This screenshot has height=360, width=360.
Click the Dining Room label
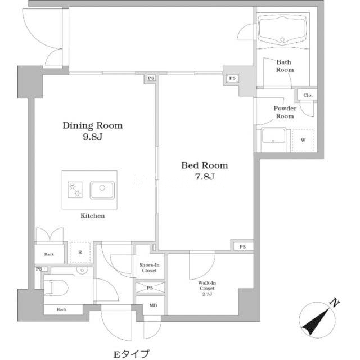(92, 125)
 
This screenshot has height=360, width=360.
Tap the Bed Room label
(205, 165)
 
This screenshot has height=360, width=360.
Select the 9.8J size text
(92, 137)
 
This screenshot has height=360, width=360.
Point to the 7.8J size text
(205, 176)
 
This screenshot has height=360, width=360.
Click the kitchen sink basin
(102, 190)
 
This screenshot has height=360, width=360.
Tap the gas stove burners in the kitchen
(75, 190)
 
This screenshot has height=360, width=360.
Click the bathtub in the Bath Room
(282, 30)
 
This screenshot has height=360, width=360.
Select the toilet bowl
(56, 288)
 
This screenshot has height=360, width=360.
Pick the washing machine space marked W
(303, 140)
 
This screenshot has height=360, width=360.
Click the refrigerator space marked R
(80, 253)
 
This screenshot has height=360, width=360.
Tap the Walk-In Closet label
(207, 289)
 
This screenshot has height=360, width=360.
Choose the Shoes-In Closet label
(149, 268)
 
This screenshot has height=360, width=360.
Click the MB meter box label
(153, 305)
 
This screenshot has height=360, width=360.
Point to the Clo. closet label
(308, 95)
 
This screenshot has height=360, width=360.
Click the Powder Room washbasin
(273, 136)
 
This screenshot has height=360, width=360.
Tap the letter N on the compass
(335, 303)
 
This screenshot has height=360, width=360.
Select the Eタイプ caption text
(132, 354)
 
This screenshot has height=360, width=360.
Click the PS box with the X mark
(150, 287)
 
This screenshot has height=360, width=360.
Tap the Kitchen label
(92, 216)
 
